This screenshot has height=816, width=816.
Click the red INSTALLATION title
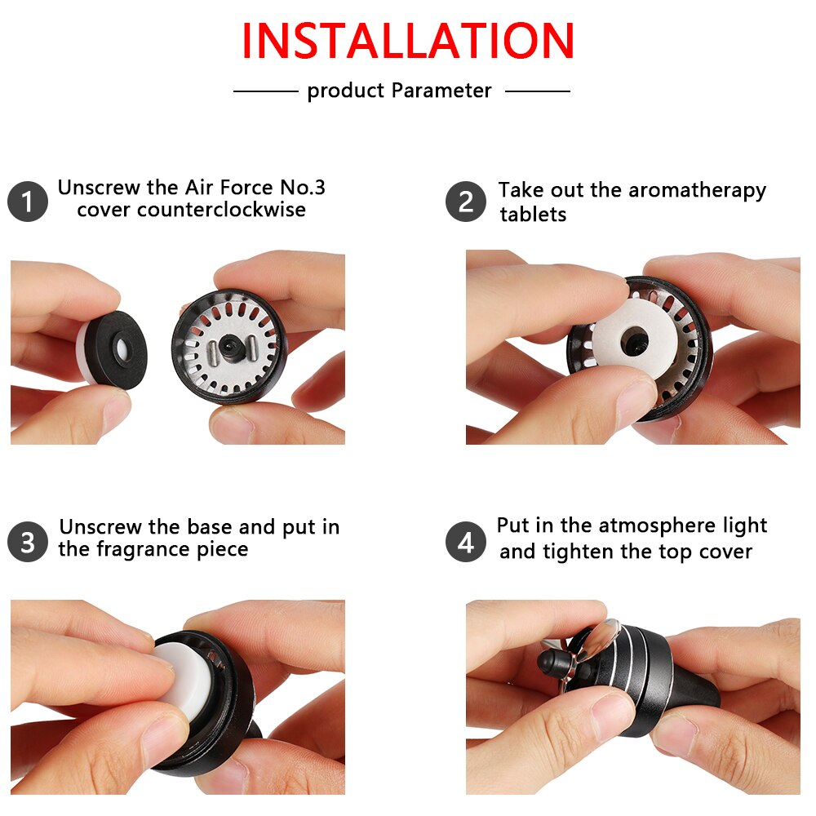coord(408,41)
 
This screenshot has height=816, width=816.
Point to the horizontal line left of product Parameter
coord(266,91)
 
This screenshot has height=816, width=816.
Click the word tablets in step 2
coord(533,215)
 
